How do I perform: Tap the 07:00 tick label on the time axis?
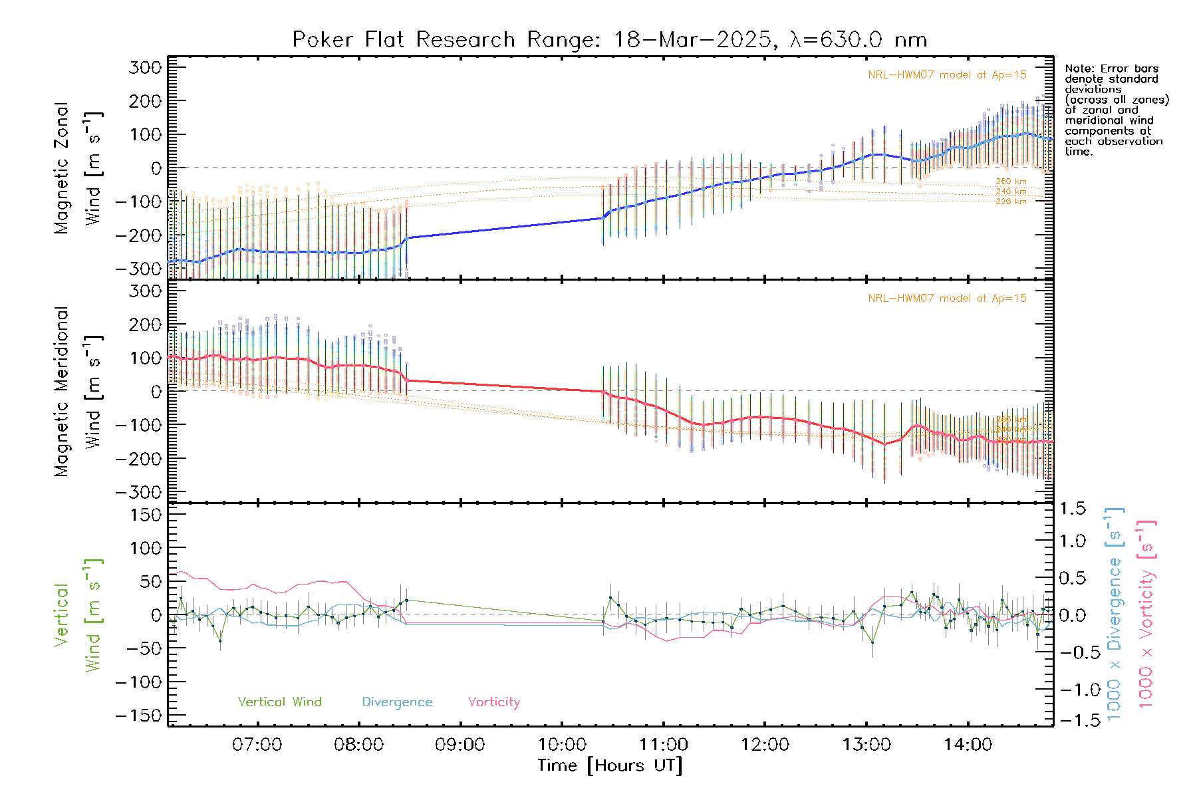pyautogui.click(x=257, y=745)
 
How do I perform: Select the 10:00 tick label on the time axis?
pyautogui.click(x=562, y=745)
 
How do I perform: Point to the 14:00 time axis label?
pyautogui.click(x=968, y=745)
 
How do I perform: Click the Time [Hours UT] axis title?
pyautogui.click(x=610, y=765)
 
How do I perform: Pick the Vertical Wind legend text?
pyautogui.click(x=279, y=702)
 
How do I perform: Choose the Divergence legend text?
pyautogui.click(x=397, y=702)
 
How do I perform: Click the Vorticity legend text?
pyautogui.click(x=493, y=702)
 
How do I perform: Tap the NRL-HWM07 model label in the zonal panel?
pyautogui.click(x=947, y=75)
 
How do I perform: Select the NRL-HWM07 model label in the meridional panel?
pyautogui.click(x=947, y=299)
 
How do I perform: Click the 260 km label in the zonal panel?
pyautogui.click(x=1011, y=182)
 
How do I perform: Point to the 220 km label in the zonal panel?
pyautogui.click(x=1011, y=201)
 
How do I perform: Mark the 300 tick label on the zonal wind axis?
pyautogui.click(x=145, y=68)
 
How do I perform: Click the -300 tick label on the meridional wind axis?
pyautogui.click(x=138, y=493)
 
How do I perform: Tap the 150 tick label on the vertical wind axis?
pyautogui.click(x=145, y=515)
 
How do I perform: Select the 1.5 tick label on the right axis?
pyautogui.click(x=1072, y=509)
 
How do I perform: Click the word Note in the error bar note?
pyautogui.click(x=1077, y=68)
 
